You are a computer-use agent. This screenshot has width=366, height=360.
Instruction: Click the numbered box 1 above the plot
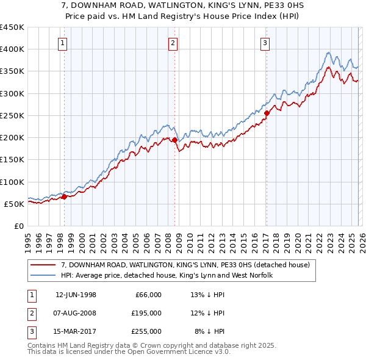(64, 43)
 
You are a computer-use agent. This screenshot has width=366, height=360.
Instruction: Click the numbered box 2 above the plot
(173, 43)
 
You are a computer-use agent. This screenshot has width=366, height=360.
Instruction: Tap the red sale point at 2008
(174, 140)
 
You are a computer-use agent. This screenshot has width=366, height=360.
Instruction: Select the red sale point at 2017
(267, 112)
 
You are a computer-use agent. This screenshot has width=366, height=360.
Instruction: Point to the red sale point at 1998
(65, 196)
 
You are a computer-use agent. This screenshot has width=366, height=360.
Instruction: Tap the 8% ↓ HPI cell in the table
(209, 331)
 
